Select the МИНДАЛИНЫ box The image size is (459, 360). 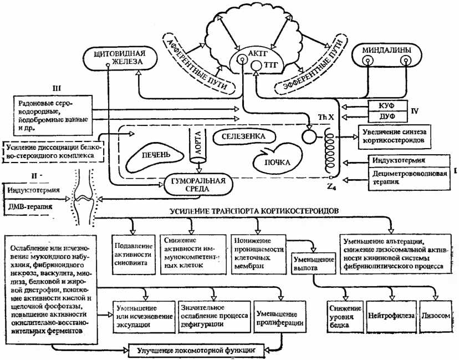coord(386,57)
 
